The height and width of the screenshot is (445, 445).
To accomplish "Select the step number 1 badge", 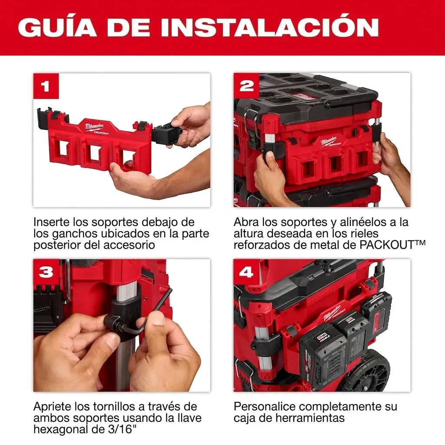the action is coord(46,86).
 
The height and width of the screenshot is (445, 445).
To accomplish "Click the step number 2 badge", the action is coord(246,86).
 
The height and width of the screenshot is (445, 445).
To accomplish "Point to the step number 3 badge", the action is coord(46,272).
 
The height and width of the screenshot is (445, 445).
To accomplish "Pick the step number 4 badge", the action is coord(246,272).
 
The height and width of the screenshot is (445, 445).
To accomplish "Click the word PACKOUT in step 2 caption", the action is coord(387,245).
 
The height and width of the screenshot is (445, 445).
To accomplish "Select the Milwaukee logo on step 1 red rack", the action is coord(95,127).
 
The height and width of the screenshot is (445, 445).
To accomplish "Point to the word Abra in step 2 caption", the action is coord(246,222).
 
